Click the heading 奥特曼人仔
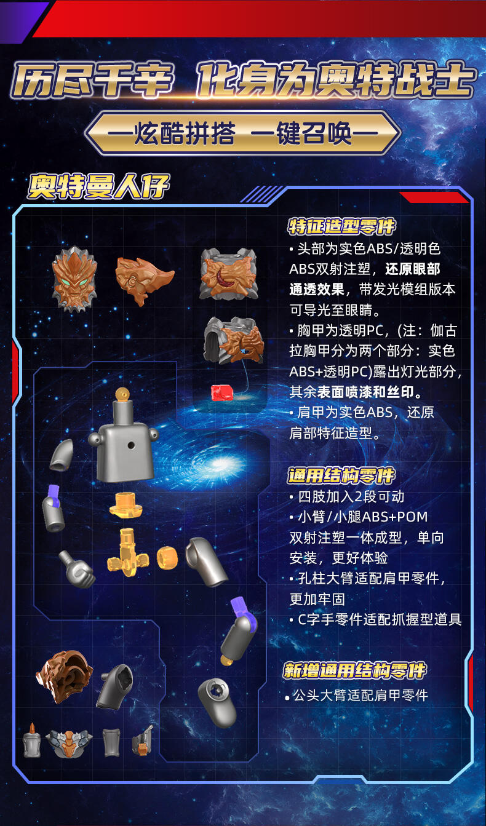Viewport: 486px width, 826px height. [98, 186]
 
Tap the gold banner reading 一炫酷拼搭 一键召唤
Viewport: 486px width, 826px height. [242, 133]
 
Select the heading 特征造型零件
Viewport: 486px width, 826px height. [341, 226]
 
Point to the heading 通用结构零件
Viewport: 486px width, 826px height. [341, 475]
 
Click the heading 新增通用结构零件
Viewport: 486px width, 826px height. [355, 670]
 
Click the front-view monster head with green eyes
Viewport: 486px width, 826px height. [75, 279]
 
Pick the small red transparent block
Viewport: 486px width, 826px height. [222, 392]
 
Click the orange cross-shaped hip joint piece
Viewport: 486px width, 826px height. [128, 552]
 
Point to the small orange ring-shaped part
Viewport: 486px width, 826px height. [167, 557]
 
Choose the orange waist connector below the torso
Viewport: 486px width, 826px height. [126, 505]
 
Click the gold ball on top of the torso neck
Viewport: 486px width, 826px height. [122, 394]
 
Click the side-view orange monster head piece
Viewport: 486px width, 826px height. [143, 280]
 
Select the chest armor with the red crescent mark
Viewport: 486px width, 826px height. [229, 274]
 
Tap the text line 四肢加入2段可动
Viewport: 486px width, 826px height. [351, 497]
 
